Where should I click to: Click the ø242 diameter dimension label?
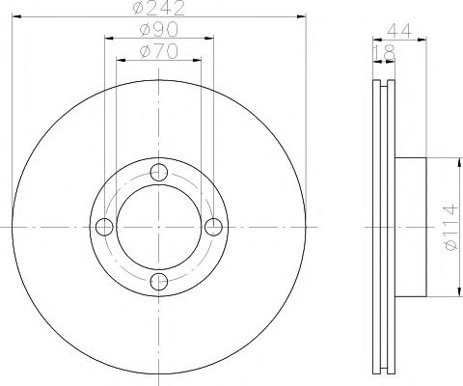click(160, 12)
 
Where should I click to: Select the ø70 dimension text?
click(160, 52)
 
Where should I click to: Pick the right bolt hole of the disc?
click(214, 227)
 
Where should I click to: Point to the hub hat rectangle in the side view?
click(411, 227)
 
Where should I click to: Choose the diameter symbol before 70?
click(143, 52)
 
